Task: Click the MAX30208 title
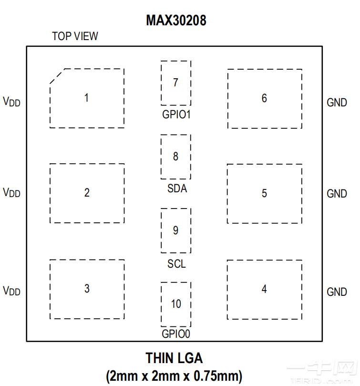[176, 21]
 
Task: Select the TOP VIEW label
[75, 36]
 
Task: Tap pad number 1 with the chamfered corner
[87, 98]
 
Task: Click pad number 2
[87, 193]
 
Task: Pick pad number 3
[87, 289]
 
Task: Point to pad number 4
[264, 289]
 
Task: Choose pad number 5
[264, 194]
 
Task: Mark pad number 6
[264, 99]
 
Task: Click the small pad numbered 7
[175, 83]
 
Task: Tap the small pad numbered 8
[175, 156]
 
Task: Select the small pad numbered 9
[175, 230]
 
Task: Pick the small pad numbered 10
[175, 304]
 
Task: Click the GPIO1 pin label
[176, 115]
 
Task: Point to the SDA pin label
[177, 188]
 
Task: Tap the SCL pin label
[176, 263]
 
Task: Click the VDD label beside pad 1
[12, 102]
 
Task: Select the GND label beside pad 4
[337, 292]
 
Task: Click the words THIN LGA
[174, 358]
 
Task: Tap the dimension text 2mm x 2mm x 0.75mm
[174, 376]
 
